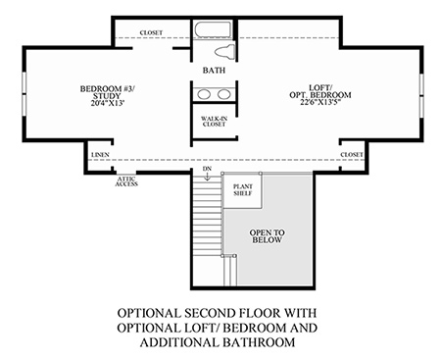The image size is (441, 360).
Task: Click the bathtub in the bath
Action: click(x=213, y=30)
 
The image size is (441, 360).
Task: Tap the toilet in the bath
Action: click(x=225, y=52)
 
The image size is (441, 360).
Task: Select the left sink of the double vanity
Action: click(x=204, y=94)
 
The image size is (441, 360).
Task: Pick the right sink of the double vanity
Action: click(x=224, y=94)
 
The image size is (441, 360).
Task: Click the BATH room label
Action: click(x=214, y=71)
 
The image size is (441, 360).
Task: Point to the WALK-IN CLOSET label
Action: click(x=214, y=122)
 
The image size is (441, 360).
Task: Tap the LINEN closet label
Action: click(x=100, y=155)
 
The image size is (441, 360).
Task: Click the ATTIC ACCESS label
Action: click(x=126, y=181)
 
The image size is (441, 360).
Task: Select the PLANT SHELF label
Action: click(x=243, y=189)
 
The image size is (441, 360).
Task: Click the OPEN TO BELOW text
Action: click(x=267, y=236)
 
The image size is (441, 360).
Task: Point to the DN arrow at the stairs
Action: click(x=207, y=177)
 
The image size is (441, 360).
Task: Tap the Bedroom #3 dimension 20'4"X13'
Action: click(x=107, y=103)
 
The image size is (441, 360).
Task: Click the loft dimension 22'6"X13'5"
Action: click(x=320, y=102)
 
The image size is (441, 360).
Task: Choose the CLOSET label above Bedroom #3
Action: click(x=151, y=32)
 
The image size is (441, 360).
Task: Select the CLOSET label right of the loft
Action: click(x=352, y=154)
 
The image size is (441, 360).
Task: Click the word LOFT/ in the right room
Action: click(x=320, y=87)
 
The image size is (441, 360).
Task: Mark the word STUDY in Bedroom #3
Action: click(x=107, y=96)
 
